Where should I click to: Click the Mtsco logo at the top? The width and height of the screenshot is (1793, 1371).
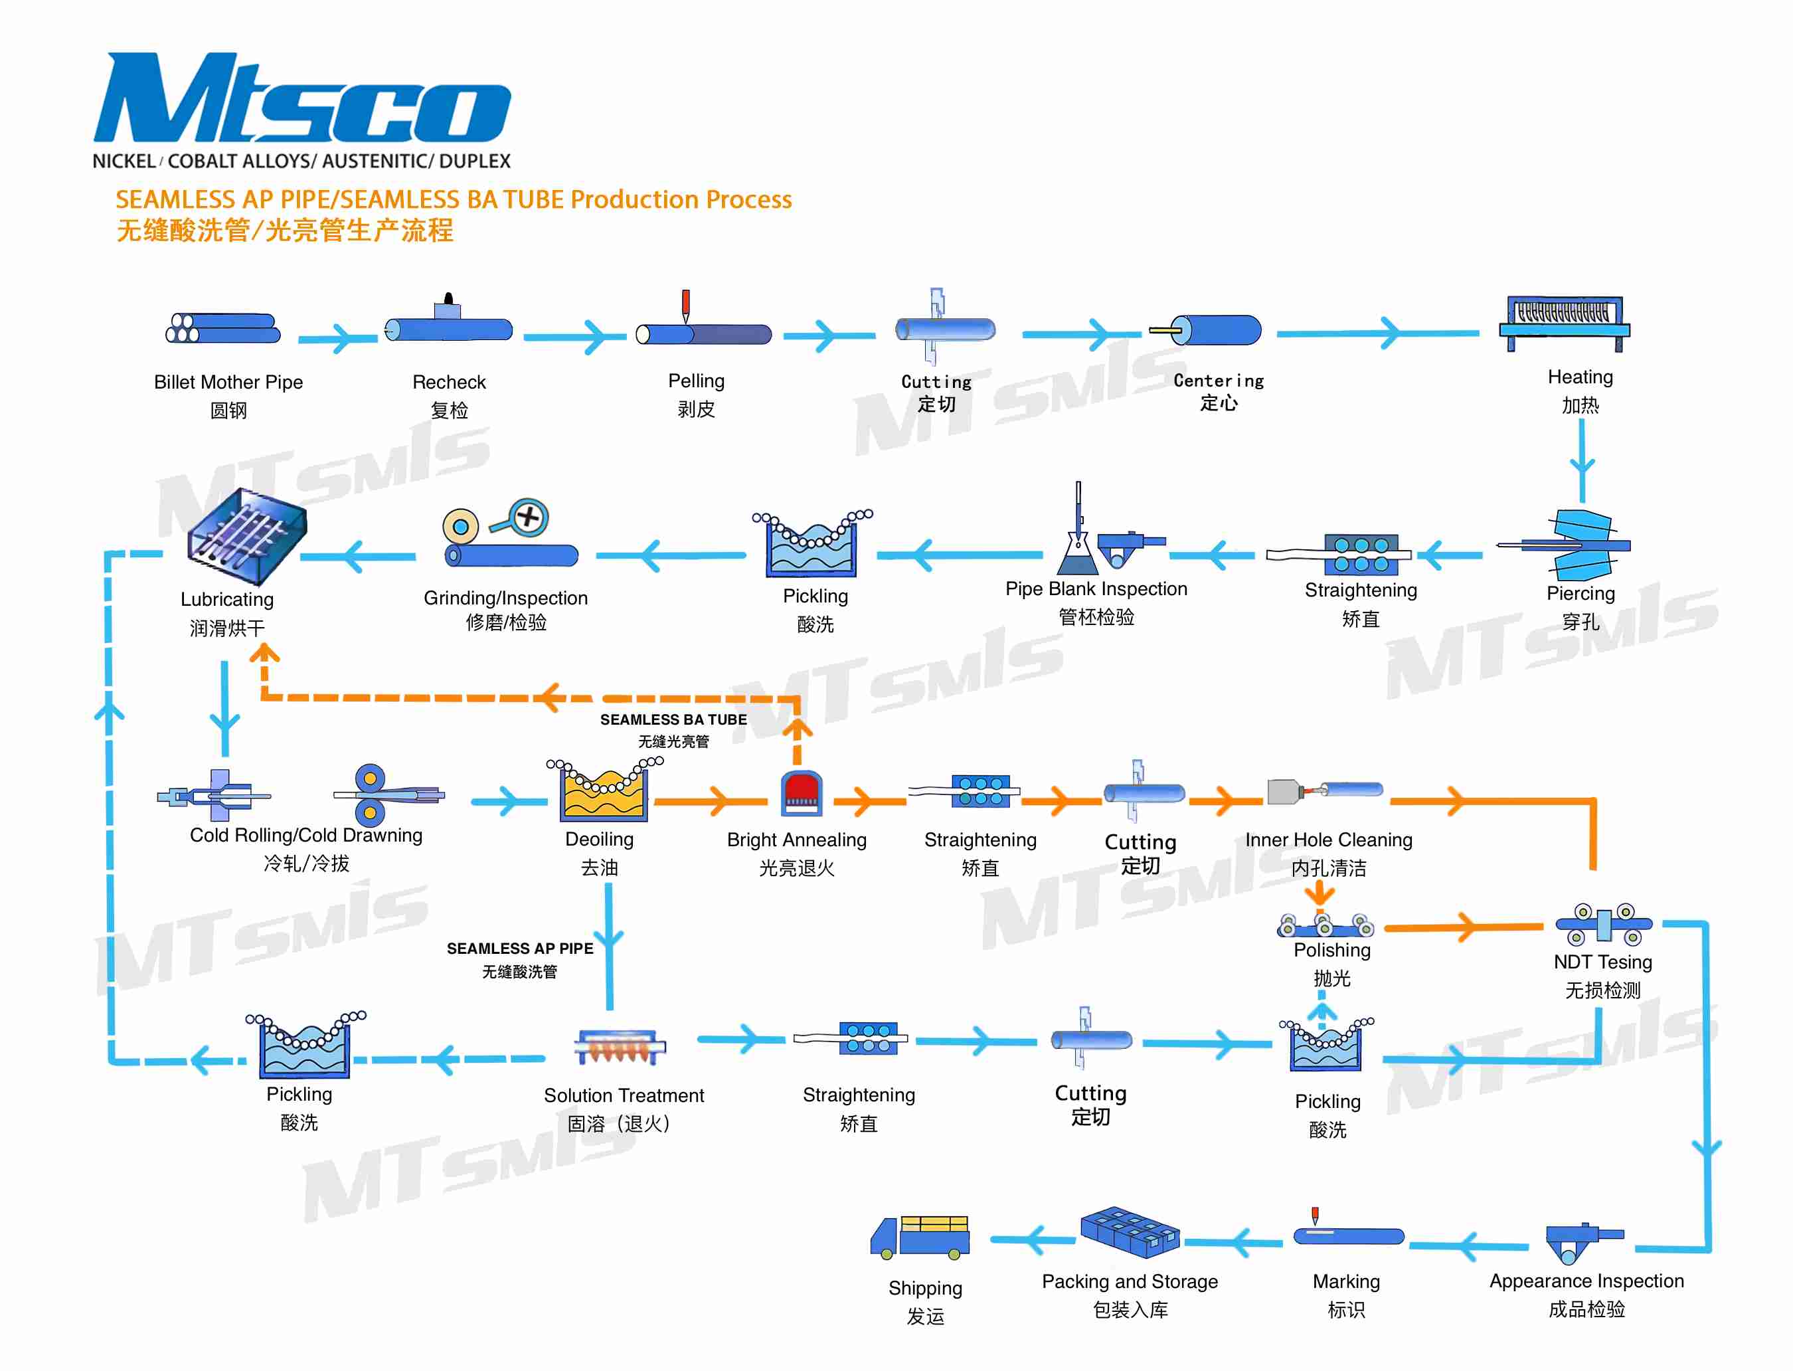(x=302, y=100)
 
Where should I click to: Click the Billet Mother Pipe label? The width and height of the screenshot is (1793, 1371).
(x=228, y=382)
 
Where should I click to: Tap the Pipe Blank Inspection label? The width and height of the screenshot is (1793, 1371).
(x=1096, y=589)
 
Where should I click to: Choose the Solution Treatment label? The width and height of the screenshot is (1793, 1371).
(x=624, y=1095)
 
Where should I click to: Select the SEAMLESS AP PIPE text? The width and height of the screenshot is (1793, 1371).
(x=519, y=949)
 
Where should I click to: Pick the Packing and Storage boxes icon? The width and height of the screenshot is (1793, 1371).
(x=1130, y=1232)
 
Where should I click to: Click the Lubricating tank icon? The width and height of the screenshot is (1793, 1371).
(x=246, y=536)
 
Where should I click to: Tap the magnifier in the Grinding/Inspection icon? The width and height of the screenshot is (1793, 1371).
(x=528, y=517)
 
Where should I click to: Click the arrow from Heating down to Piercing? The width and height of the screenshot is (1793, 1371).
(x=1581, y=461)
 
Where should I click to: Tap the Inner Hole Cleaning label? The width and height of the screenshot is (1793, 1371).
(x=1328, y=840)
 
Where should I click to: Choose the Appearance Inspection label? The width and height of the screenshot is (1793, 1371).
(x=1586, y=1281)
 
